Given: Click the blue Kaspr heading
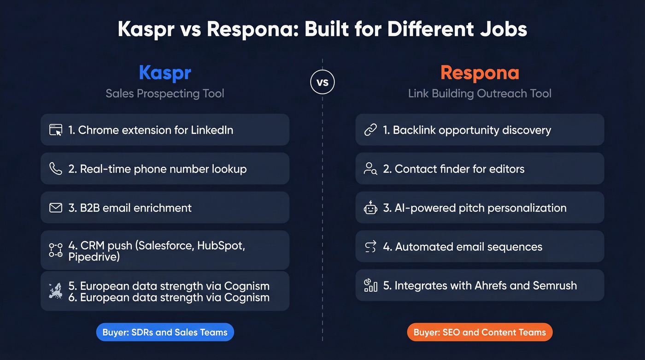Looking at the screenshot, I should [x=165, y=73].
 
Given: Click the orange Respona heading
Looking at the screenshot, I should [x=480, y=73].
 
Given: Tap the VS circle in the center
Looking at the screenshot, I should [x=322, y=83].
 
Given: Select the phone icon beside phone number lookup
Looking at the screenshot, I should [x=56, y=169].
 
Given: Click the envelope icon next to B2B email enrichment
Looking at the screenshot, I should [x=56, y=208].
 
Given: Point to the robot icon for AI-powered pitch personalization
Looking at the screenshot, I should [x=370, y=208].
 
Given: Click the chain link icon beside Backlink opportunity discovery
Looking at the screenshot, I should [x=370, y=130].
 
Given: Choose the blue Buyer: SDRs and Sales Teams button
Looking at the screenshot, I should [x=165, y=332].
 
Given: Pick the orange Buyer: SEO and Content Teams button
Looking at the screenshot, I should [x=480, y=332].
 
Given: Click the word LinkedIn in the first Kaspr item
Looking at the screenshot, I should [x=211, y=130].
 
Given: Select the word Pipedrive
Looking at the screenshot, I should [x=94, y=257].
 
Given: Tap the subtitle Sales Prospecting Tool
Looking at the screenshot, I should [x=165, y=94].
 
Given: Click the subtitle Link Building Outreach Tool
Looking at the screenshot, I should [x=480, y=94].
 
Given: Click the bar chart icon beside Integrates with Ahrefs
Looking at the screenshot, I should [x=370, y=285].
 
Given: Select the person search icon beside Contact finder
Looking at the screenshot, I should [x=370, y=169].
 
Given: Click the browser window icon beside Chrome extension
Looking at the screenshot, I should [x=56, y=130].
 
